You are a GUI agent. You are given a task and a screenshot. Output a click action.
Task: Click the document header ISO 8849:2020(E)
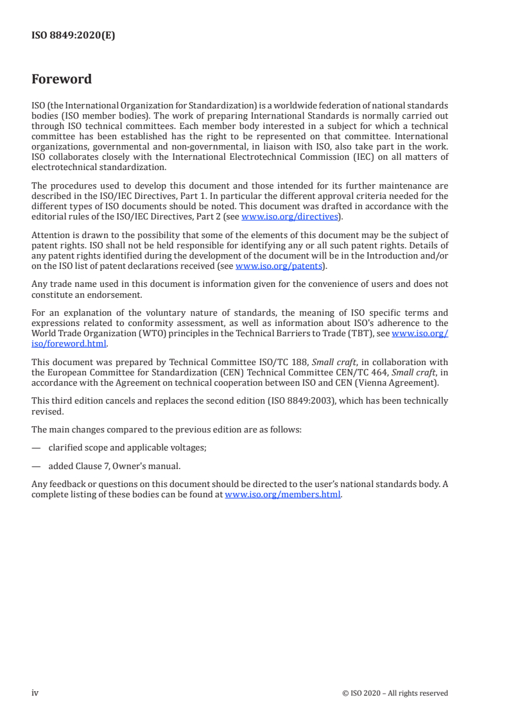coord(73,36)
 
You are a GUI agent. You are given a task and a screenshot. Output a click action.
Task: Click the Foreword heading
coord(62,80)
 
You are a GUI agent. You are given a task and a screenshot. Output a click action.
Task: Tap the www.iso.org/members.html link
coord(282,495)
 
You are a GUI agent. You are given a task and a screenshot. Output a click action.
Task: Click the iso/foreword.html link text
coord(69,343)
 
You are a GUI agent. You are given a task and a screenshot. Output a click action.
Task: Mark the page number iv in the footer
coord(35,692)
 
